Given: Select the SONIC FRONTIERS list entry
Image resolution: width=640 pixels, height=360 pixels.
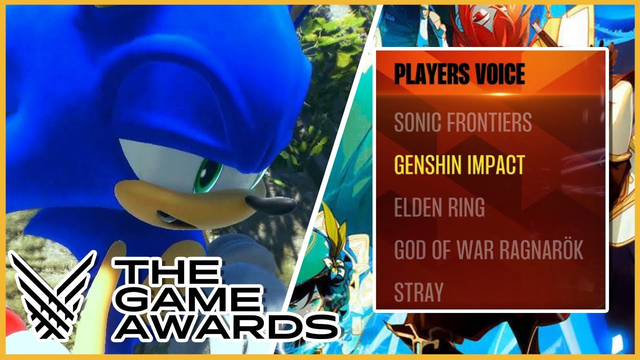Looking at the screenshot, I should coord(462,121).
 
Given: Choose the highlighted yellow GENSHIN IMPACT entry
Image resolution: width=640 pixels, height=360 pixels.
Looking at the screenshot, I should coord(459,164).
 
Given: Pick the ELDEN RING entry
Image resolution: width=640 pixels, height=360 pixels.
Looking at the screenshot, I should coord(439,207).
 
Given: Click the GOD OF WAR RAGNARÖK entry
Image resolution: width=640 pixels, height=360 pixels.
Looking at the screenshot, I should coord(488,249).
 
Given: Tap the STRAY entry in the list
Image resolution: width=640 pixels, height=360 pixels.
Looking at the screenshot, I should coord(418,291).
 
